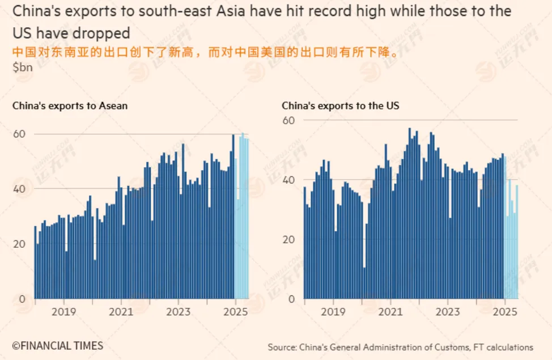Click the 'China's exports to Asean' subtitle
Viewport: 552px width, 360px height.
(x=70, y=105)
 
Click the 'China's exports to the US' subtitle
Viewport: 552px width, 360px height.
(x=340, y=105)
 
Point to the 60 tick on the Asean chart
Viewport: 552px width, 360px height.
(x=19, y=134)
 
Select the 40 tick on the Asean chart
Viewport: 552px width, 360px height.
(x=19, y=189)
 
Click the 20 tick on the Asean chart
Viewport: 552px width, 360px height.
(x=19, y=244)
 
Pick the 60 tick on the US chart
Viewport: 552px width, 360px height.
(x=288, y=120)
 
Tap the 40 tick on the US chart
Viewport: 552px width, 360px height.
(x=288, y=180)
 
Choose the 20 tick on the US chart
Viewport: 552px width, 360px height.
(x=288, y=239)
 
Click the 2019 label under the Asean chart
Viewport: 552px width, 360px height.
(x=63, y=311)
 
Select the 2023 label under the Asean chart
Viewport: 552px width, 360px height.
(x=179, y=311)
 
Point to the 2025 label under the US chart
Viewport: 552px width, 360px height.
(x=504, y=311)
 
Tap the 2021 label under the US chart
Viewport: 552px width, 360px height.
(x=390, y=311)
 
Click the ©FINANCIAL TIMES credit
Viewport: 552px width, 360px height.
(x=58, y=345)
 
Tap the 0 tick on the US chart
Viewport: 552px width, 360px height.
(x=292, y=299)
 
